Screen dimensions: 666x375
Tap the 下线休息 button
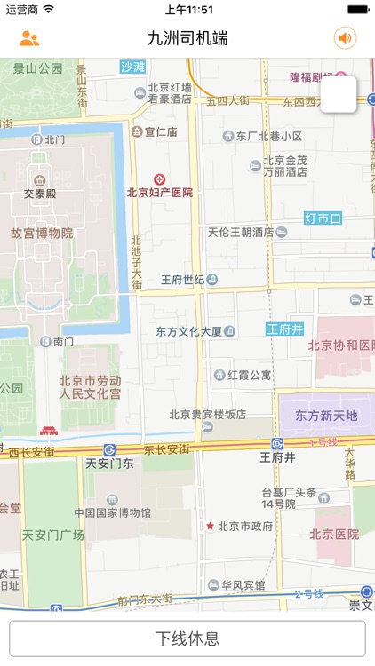187,638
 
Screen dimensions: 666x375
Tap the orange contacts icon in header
29,38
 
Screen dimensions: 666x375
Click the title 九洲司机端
187,38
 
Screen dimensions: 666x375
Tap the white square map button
339,94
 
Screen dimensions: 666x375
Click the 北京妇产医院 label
160,192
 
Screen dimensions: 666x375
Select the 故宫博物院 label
42,233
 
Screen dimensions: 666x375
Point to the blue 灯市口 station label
323,218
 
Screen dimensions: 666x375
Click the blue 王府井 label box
285,329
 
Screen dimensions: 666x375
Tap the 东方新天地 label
326,416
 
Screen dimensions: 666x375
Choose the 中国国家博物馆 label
113,512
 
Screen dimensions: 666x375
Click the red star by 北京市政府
211,526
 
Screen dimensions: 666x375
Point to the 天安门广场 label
52,535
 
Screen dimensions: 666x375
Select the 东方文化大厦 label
188,331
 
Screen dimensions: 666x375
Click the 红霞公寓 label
249,375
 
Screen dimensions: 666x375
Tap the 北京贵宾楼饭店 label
208,414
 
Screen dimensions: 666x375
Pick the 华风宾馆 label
243,585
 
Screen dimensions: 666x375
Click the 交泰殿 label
40,193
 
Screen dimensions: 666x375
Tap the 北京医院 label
334,535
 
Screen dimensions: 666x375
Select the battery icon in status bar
358,9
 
